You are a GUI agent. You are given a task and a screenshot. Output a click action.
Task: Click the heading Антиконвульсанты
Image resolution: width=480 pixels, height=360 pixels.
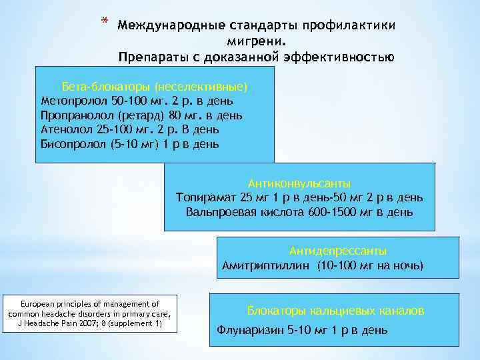(x=299, y=183)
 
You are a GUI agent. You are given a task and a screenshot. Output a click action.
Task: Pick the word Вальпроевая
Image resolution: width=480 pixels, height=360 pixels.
(x=221, y=212)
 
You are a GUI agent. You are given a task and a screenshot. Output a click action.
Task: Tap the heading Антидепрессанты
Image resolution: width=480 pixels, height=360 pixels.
(x=338, y=251)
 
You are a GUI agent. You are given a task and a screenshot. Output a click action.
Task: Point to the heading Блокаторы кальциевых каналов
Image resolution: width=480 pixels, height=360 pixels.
(x=335, y=311)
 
